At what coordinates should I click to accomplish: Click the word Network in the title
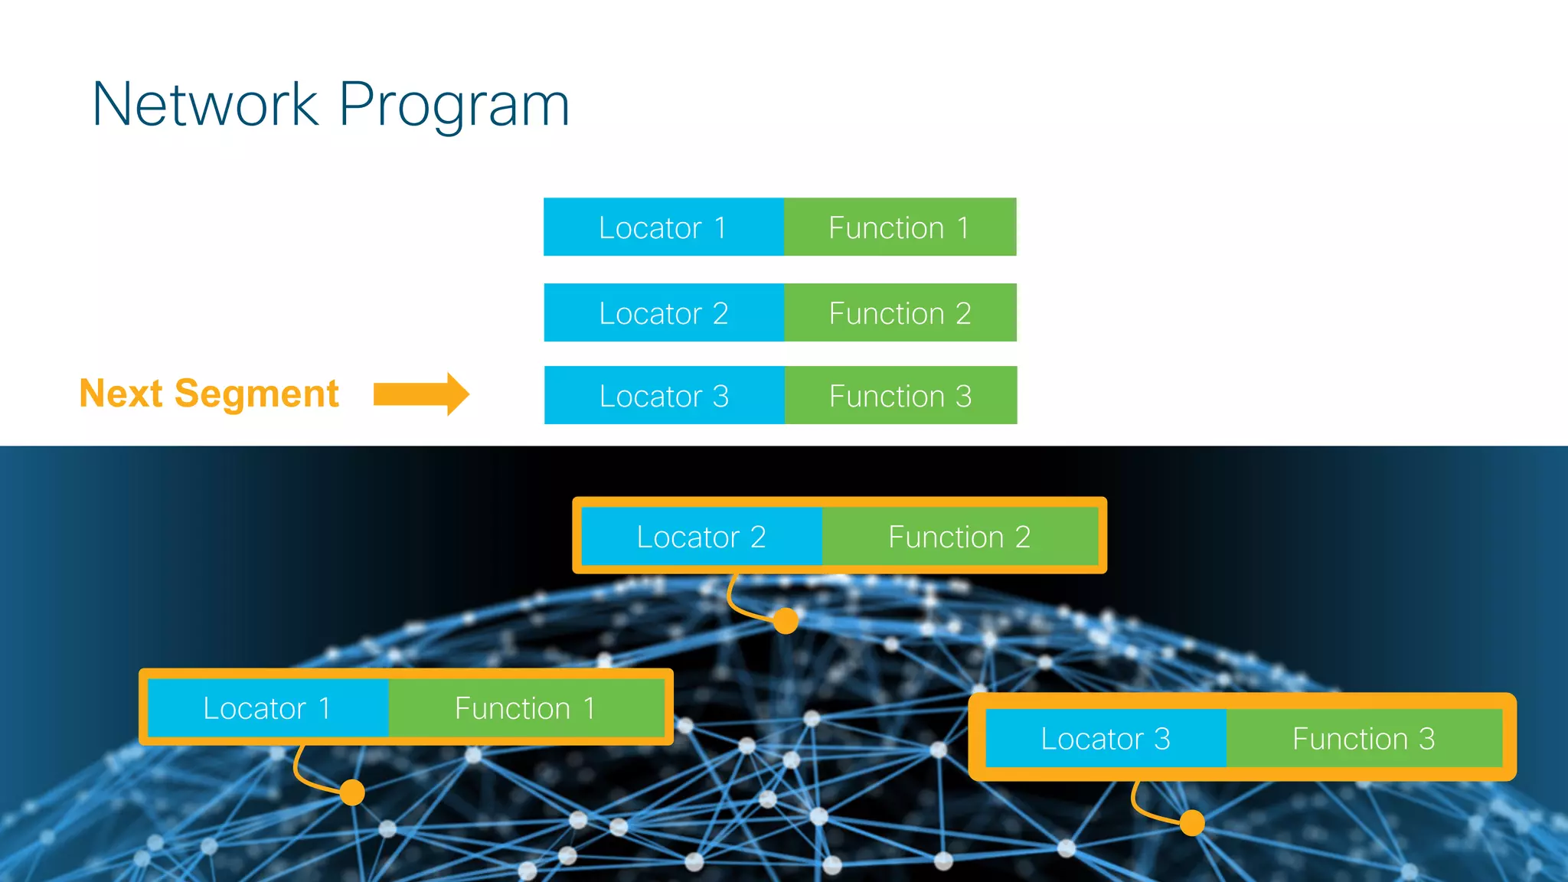(x=205, y=105)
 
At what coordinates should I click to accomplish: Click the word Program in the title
(x=454, y=106)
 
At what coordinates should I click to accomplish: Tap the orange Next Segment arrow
(x=421, y=394)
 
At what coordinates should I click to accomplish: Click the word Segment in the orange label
(x=256, y=395)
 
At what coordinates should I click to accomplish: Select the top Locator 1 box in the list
(x=663, y=227)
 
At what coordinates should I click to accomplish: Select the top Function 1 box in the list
(x=900, y=227)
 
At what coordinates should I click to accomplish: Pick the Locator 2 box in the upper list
(x=663, y=313)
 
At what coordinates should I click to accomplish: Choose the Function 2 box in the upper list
(x=900, y=313)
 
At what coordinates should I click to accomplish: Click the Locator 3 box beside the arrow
(x=664, y=396)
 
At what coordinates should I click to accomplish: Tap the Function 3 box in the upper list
(x=900, y=396)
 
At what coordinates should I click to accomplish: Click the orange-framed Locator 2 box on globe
(x=701, y=537)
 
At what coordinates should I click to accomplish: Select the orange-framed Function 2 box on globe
(x=959, y=537)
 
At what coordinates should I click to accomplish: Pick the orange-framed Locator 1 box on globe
(x=267, y=708)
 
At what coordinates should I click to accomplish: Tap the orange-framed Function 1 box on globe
(x=525, y=708)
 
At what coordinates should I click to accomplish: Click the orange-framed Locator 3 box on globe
(x=1106, y=739)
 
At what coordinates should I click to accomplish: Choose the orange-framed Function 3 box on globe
(x=1364, y=739)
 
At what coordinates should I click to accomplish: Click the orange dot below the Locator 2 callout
(x=786, y=620)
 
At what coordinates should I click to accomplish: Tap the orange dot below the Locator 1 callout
(x=352, y=792)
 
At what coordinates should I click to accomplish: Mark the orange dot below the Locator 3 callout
(x=1192, y=823)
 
